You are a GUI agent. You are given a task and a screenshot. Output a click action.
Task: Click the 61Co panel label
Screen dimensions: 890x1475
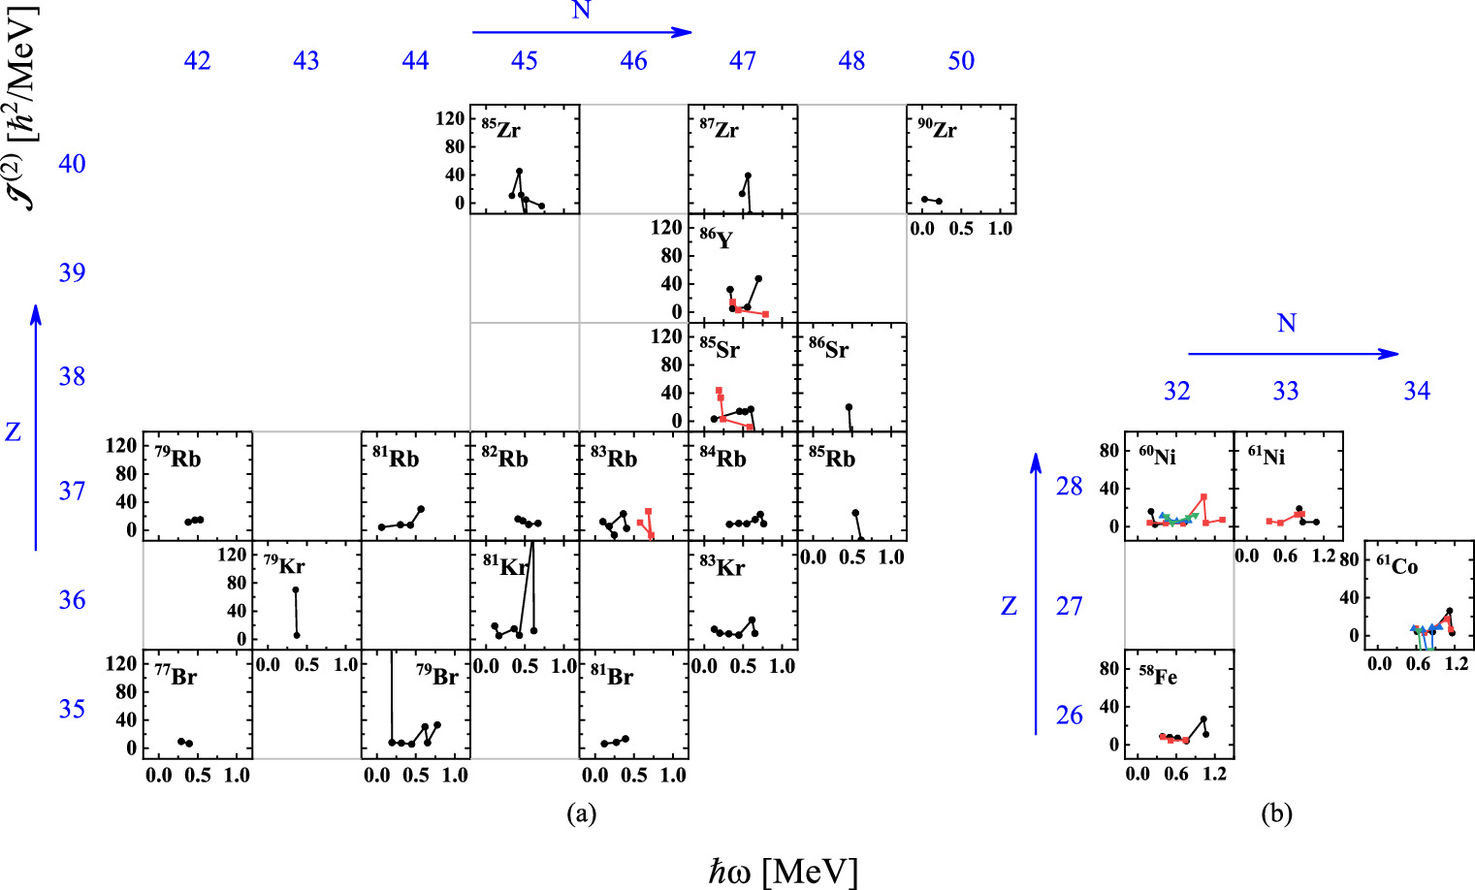(1396, 564)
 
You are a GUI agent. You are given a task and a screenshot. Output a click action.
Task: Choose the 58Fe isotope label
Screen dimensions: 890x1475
(1158, 675)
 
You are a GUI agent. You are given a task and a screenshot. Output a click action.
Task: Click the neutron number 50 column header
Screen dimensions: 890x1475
(961, 61)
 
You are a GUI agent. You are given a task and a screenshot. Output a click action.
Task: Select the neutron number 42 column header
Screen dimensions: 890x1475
(197, 61)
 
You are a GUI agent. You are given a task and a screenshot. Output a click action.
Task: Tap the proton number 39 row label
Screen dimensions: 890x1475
(72, 272)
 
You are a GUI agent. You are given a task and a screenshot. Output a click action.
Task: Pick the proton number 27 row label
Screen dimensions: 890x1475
(1069, 607)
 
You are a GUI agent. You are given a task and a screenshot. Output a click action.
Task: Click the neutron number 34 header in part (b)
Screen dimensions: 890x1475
(1417, 391)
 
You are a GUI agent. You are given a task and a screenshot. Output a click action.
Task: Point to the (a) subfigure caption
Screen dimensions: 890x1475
(581, 813)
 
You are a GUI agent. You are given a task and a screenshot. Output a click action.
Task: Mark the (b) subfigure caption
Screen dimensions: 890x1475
(1276, 813)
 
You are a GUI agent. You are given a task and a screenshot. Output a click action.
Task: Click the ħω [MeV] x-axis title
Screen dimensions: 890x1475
(784, 870)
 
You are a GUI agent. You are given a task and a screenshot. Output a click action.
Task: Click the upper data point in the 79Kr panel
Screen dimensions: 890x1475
(295, 589)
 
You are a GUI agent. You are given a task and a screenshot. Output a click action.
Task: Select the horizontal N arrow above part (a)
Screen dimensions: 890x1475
(582, 32)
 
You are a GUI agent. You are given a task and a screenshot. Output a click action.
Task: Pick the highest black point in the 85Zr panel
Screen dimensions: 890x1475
(519, 172)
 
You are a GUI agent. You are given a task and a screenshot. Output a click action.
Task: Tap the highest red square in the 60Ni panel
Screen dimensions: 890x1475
(1203, 497)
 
